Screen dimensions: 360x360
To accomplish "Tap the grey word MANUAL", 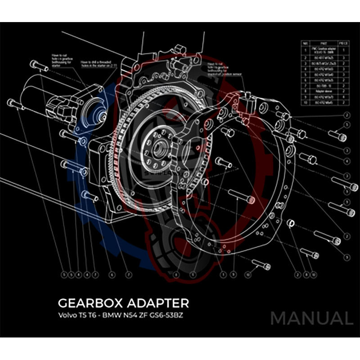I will point(311,319).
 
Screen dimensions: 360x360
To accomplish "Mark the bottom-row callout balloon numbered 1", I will point(223,274).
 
